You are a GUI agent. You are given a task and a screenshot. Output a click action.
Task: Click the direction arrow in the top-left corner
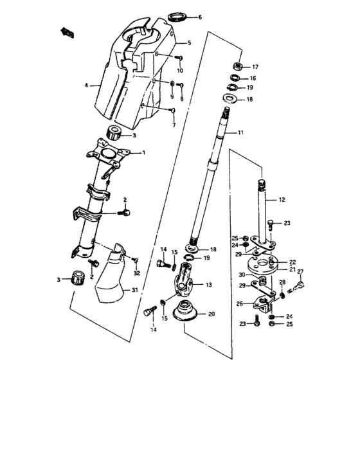point(66,30)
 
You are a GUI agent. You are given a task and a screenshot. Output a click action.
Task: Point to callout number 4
point(85,84)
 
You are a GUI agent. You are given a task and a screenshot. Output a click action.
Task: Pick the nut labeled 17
point(237,66)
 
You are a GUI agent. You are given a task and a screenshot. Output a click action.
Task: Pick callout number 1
point(143,152)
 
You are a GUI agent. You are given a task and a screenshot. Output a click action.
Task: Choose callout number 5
point(189,43)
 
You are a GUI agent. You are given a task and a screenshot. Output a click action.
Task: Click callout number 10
point(181,69)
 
